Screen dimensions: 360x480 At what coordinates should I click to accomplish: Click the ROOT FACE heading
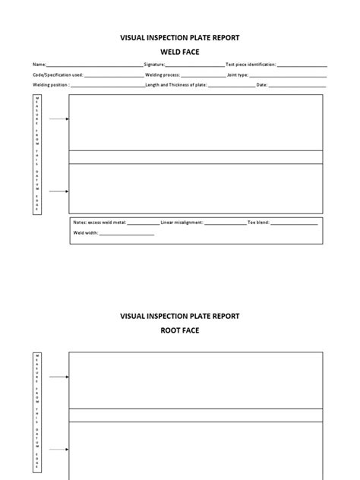pyautogui.click(x=179, y=330)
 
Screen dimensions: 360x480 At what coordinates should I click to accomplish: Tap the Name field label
pyautogui.click(x=39, y=65)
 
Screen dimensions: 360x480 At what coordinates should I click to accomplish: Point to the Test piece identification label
pyautogui.click(x=251, y=65)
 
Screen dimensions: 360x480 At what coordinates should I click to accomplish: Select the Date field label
pyautogui.click(x=262, y=85)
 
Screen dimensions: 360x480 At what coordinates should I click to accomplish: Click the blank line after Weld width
pyautogui.click(x=127, y=234)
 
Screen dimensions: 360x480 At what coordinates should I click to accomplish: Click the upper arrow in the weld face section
pyautogui.click(x=59, y=119)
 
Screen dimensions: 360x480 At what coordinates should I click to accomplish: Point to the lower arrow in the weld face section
pyautogui.click(x=59, y=191)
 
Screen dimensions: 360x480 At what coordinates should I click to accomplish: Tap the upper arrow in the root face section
pyautogui.click(x=59, y=377)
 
